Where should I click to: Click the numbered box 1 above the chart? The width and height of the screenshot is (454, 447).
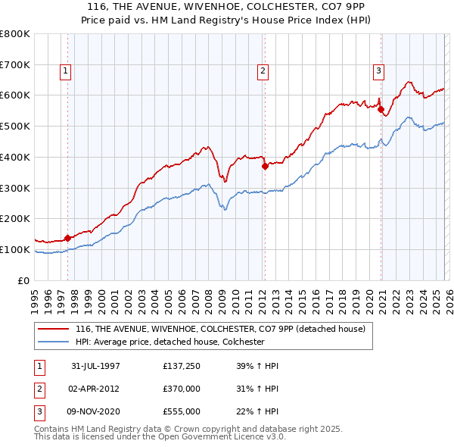click(x=67, y=71)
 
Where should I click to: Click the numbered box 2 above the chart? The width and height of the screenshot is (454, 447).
click(x=263, y=71)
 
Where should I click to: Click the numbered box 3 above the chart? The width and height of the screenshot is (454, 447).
click(x=378, y=71)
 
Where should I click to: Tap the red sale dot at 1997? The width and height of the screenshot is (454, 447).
click(x=68, y=238)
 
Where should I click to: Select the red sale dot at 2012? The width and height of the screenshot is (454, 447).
click(x=265, y=167)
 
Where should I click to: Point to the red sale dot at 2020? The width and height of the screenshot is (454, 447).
click(x=381, y=109)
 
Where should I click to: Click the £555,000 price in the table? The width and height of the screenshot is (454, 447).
click(x=182, y=411)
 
